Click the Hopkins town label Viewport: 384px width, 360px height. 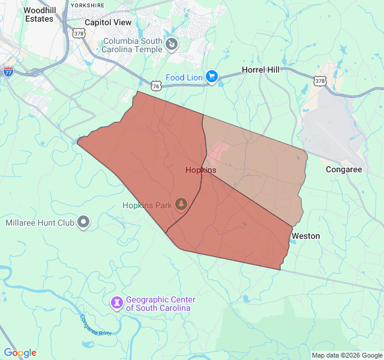coord(200,170)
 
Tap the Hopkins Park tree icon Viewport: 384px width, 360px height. coord(181,205)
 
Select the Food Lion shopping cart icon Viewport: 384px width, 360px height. coord(211,77)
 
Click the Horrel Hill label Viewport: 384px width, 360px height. coord(260,70)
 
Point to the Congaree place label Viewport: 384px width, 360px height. coord(344,170)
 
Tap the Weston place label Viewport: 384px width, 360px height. coord(305,236)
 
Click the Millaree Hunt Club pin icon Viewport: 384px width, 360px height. coord(83,223)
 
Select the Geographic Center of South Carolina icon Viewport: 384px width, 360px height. coord(116,303)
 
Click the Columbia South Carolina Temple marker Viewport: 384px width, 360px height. coord(172,44)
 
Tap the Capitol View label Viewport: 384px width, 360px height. coord(108,22)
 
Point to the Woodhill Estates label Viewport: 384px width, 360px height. coord(39,15)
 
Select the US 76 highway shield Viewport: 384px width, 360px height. coord(156,86)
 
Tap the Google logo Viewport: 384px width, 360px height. coord(20,353)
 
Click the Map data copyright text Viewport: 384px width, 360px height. coord(347,355)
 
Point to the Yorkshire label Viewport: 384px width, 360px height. coord(87,5)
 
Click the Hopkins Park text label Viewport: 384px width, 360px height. coord(148,205)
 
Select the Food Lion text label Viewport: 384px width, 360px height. coord(184,77)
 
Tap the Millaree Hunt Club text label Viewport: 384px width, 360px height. coord(40,223)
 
